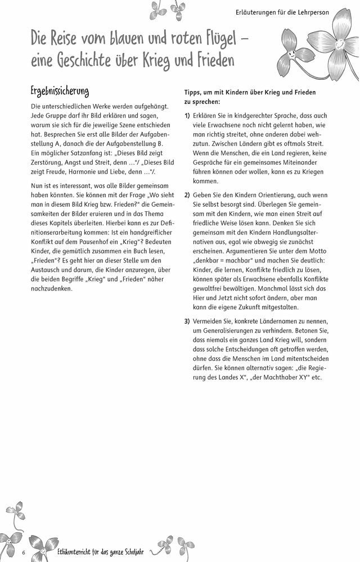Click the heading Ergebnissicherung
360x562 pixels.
pyautogui.click(x=60, y=91)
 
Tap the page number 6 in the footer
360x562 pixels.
pyautogui.click(x=24, y=552)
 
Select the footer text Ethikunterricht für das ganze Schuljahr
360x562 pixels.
pyautogui.click(x=101, y=552)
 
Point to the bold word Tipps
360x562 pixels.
pyautogui.click(x=194, y=92)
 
